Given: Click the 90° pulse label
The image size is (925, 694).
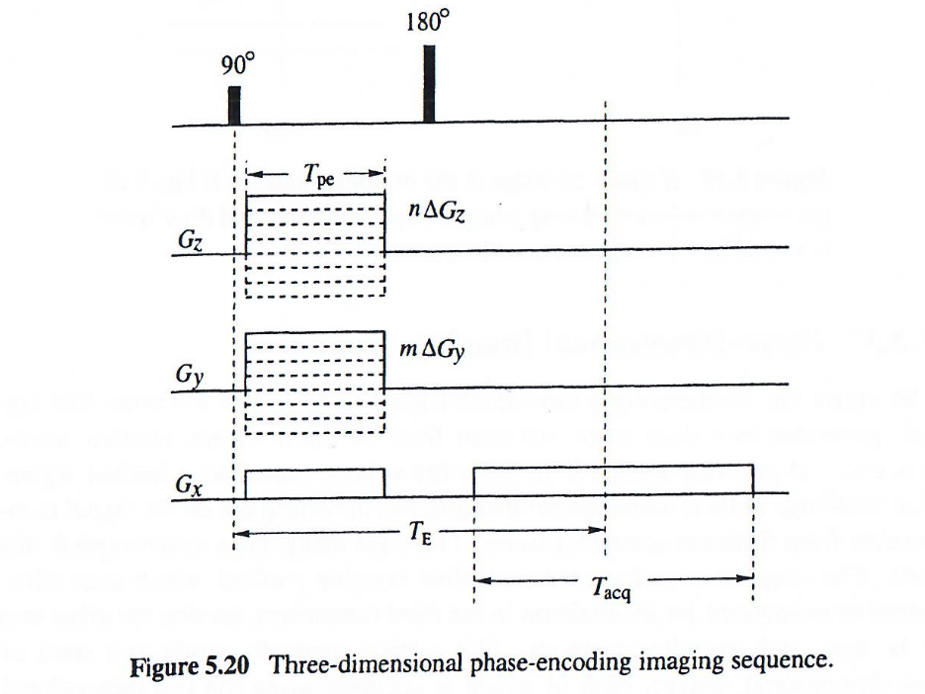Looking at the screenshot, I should click(237, 66).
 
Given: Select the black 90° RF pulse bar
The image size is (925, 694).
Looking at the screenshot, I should click(234, 105).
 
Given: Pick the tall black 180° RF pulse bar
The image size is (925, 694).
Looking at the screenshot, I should click(429, 84).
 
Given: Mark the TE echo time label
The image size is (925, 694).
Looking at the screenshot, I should click(418, 534).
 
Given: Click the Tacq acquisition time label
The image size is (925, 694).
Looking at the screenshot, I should click(613, 589).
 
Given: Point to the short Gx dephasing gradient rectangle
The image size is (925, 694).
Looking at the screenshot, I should click(314, 482).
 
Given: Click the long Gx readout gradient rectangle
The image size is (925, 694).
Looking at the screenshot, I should click(613, 479).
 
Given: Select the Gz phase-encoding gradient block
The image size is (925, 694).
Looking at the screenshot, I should click(314, 245).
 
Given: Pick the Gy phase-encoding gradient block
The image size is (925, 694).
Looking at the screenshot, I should click(314, 383).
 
